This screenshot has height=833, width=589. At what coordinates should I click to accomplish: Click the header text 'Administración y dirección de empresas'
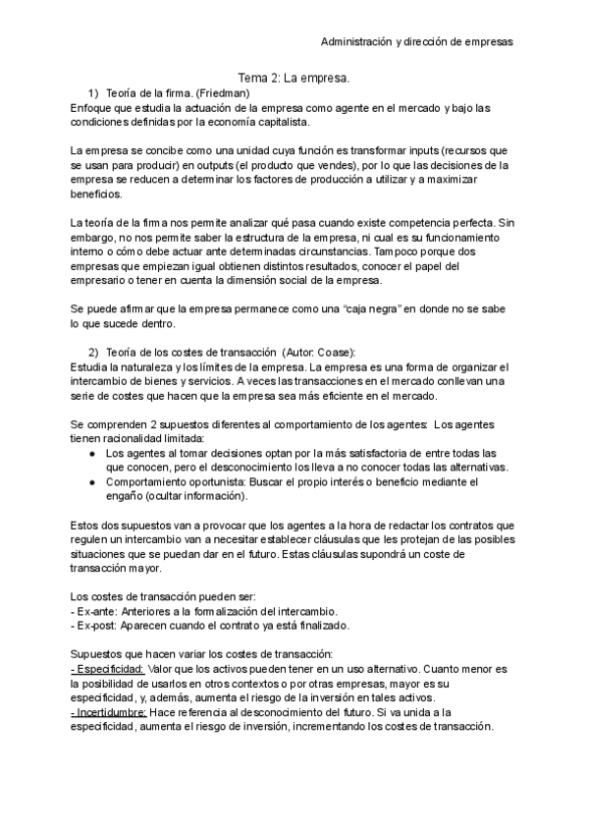tap(417, 42)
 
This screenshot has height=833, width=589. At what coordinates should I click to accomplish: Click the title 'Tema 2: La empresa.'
tap(294, 77)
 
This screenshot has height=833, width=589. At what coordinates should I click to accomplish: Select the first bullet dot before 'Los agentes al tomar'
tap(91, 453)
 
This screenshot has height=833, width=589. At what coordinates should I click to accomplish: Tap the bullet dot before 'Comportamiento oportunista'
tap(91, 482)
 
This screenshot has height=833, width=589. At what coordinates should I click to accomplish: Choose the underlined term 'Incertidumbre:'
tap(108, 712)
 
